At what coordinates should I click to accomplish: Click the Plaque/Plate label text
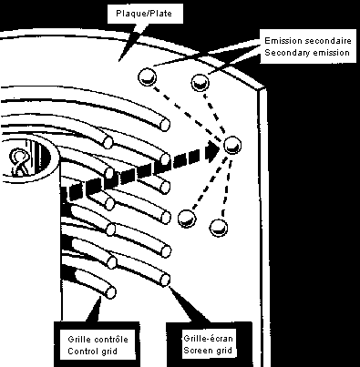click(144, 14)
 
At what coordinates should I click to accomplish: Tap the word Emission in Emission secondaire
click(283, 41)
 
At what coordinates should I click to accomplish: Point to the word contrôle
click(111, 340)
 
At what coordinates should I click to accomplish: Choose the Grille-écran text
click(208, 338)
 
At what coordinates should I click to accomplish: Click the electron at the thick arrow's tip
click(232, 145)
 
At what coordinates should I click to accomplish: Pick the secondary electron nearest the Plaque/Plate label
click(148, 76)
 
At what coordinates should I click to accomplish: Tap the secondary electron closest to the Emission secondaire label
click(201, 82)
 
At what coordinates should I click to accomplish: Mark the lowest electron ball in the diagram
click(219, 228)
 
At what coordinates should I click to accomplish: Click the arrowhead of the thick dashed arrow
click(212, 151)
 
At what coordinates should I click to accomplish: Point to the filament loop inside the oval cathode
click(19, 161)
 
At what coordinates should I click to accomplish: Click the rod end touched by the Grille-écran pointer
click(165, 279)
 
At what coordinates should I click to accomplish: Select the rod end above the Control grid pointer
click(110, 291)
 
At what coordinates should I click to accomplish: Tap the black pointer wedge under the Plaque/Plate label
click(130, 43)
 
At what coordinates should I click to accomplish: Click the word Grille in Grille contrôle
click(80, 340)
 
